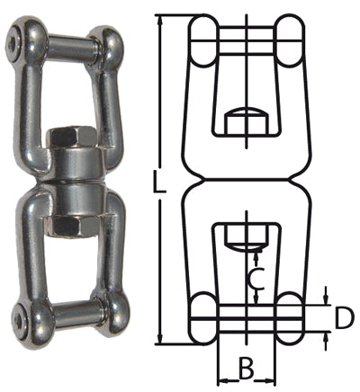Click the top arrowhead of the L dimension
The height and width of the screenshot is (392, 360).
160,20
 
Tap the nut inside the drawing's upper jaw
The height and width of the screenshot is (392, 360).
245,120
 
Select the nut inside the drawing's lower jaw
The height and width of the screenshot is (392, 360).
245,238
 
